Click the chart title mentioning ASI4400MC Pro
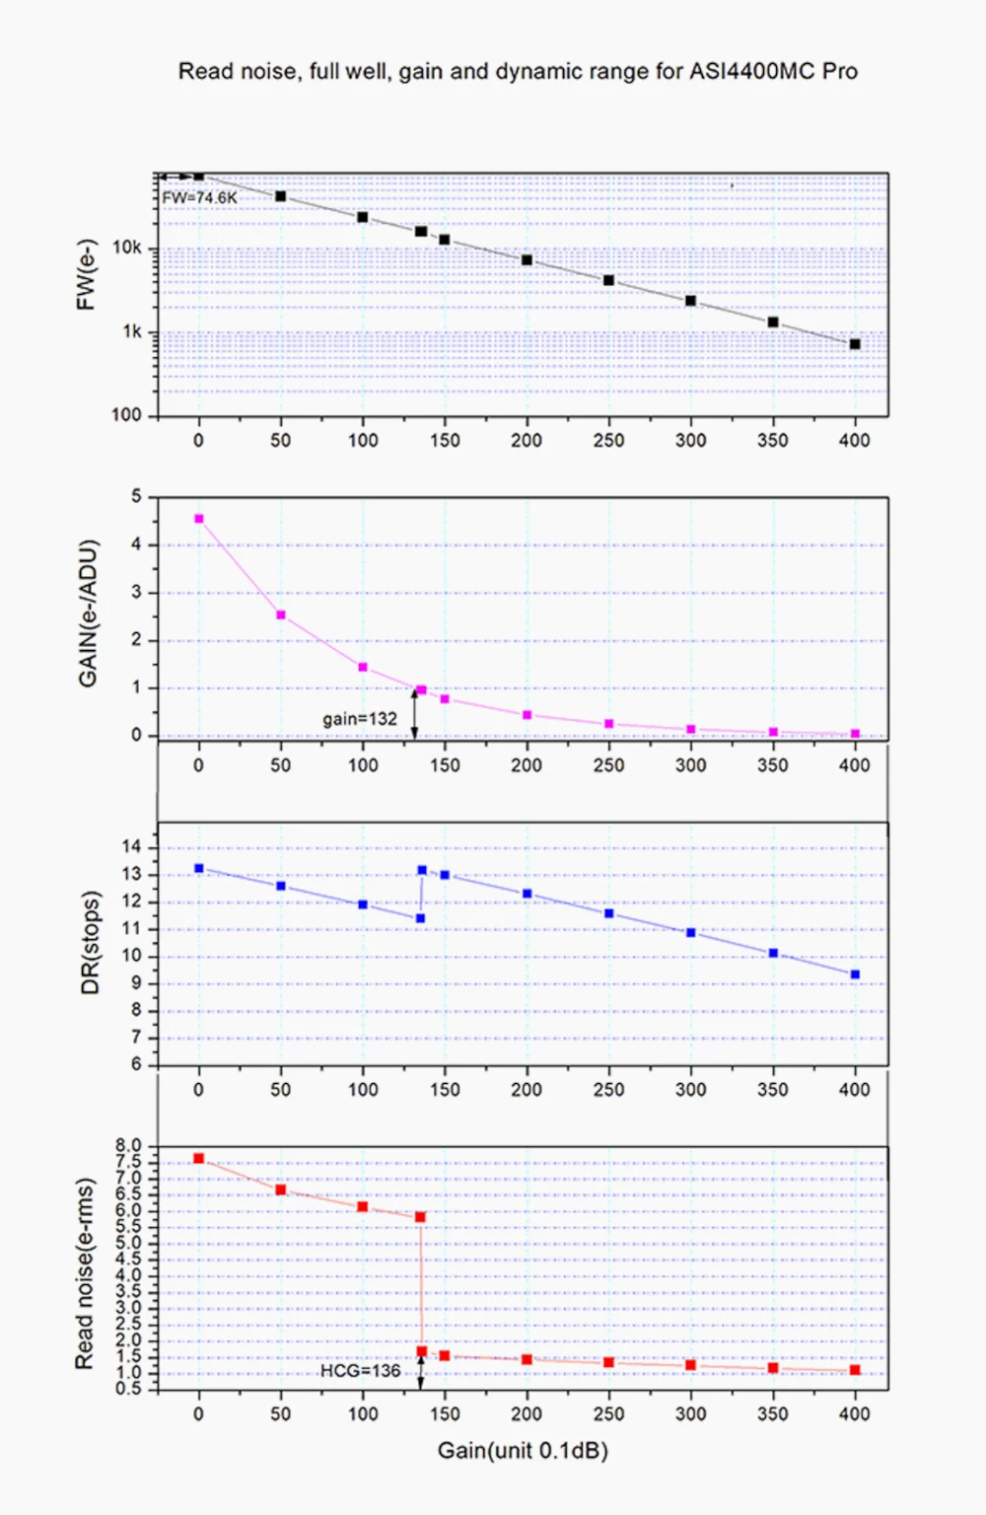[x=518, y=71]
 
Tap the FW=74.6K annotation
[x=200, y=197]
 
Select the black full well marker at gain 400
[x=855, y=344]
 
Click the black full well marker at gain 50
[x=281, y=196]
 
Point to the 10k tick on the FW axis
[x=127, y=248]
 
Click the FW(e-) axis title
[x=87, y=275]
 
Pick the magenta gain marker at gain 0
[x=199, y=519]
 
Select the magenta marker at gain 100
[x=363, y=668]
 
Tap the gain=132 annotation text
[x=360, y=719]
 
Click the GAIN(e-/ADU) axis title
[x=89, y=613]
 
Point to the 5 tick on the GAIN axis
[x=137, y=496]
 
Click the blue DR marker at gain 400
[x=855, y=974]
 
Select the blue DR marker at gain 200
[x=527, y=894]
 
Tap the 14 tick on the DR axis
[x=132, y=846]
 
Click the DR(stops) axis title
[x=91, y=943]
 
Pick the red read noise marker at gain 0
[x=199, y=1159]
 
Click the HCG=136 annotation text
[x=360, y=1371]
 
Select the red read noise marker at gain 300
[x=690, y=1365]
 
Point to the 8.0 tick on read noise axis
[x=129, y=1146]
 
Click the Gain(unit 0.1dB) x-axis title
[x=523, y=1451]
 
